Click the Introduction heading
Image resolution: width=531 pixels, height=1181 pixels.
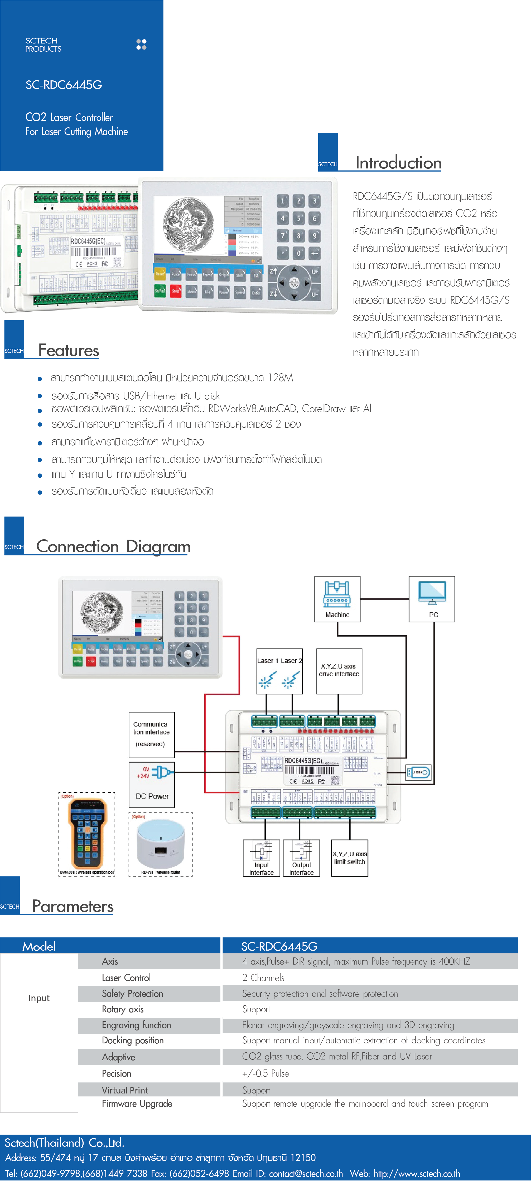(x=398, y=163)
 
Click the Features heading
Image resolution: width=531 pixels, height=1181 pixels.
(x=69, y=350)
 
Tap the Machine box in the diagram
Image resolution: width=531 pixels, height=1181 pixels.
(x=337, y=599)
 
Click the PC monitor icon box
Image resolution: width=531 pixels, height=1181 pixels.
(x=432, y=599)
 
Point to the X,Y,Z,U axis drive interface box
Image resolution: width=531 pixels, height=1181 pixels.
(x=339, y=671)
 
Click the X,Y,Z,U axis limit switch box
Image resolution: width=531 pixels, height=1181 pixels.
(x=349, y=858)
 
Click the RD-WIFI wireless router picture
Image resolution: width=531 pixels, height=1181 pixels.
(x=161, y=844)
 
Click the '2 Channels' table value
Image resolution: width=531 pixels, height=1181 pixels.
(x=263, y=977)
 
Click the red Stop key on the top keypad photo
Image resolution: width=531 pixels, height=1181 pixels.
(x=176, y=291)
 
